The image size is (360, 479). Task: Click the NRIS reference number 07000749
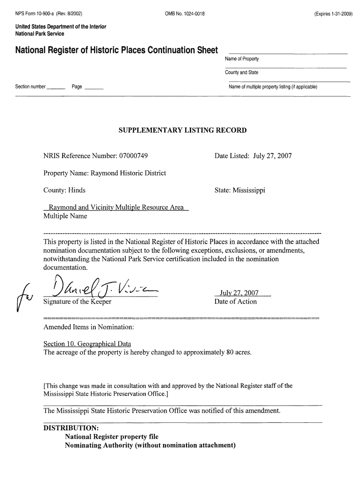click(x=134, y=156)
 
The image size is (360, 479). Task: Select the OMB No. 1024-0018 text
click(x=185, y=13)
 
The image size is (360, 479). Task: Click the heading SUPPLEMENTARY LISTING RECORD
click(x=182, y=130)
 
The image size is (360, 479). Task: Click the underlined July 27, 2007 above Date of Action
click(x=242, y=293)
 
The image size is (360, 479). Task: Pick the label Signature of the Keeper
click(x=78, y=302)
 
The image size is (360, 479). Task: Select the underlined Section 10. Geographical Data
click(x=87, y=344)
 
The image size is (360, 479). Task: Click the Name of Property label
click(x=242, y=59)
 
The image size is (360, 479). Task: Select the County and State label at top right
click(x=242, y=73)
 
